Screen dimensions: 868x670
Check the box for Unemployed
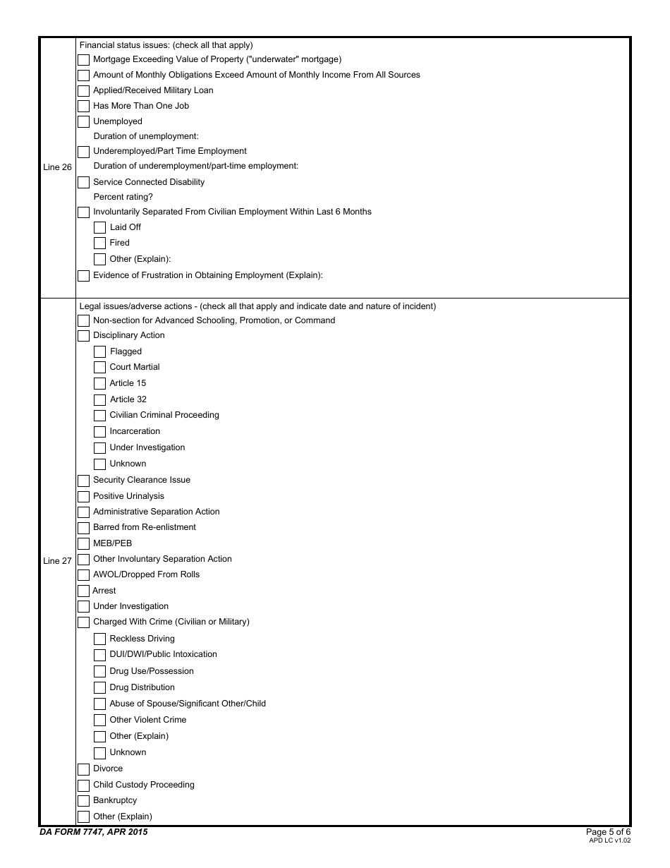pos(83,122)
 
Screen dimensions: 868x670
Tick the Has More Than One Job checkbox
pos(83,107)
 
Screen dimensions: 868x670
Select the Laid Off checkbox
pos(99,228)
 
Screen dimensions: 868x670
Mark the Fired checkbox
pos(99,243)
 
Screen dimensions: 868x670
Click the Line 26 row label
pos(57,167)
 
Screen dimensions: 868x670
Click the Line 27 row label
pos(57,561)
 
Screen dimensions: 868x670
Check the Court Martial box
pos(99,368)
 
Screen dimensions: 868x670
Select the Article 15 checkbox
pos(99,384)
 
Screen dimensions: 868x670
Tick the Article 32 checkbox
pos(99,400)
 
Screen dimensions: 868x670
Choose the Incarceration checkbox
pos(99,432)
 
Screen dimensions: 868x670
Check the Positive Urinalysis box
pos(83,497)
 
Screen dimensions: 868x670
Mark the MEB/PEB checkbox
pos(83,544)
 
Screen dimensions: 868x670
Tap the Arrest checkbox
pos(83,591)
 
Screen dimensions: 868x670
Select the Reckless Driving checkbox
pos(99,639)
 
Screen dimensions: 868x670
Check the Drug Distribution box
pos(99,688)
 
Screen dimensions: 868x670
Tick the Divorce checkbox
pos(83,769)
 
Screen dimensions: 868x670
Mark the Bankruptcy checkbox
pos(83,801)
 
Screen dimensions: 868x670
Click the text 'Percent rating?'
pos(123,197)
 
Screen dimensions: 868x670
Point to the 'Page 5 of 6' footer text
pos(608,832)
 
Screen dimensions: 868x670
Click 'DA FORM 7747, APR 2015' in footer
pos(94,832)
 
